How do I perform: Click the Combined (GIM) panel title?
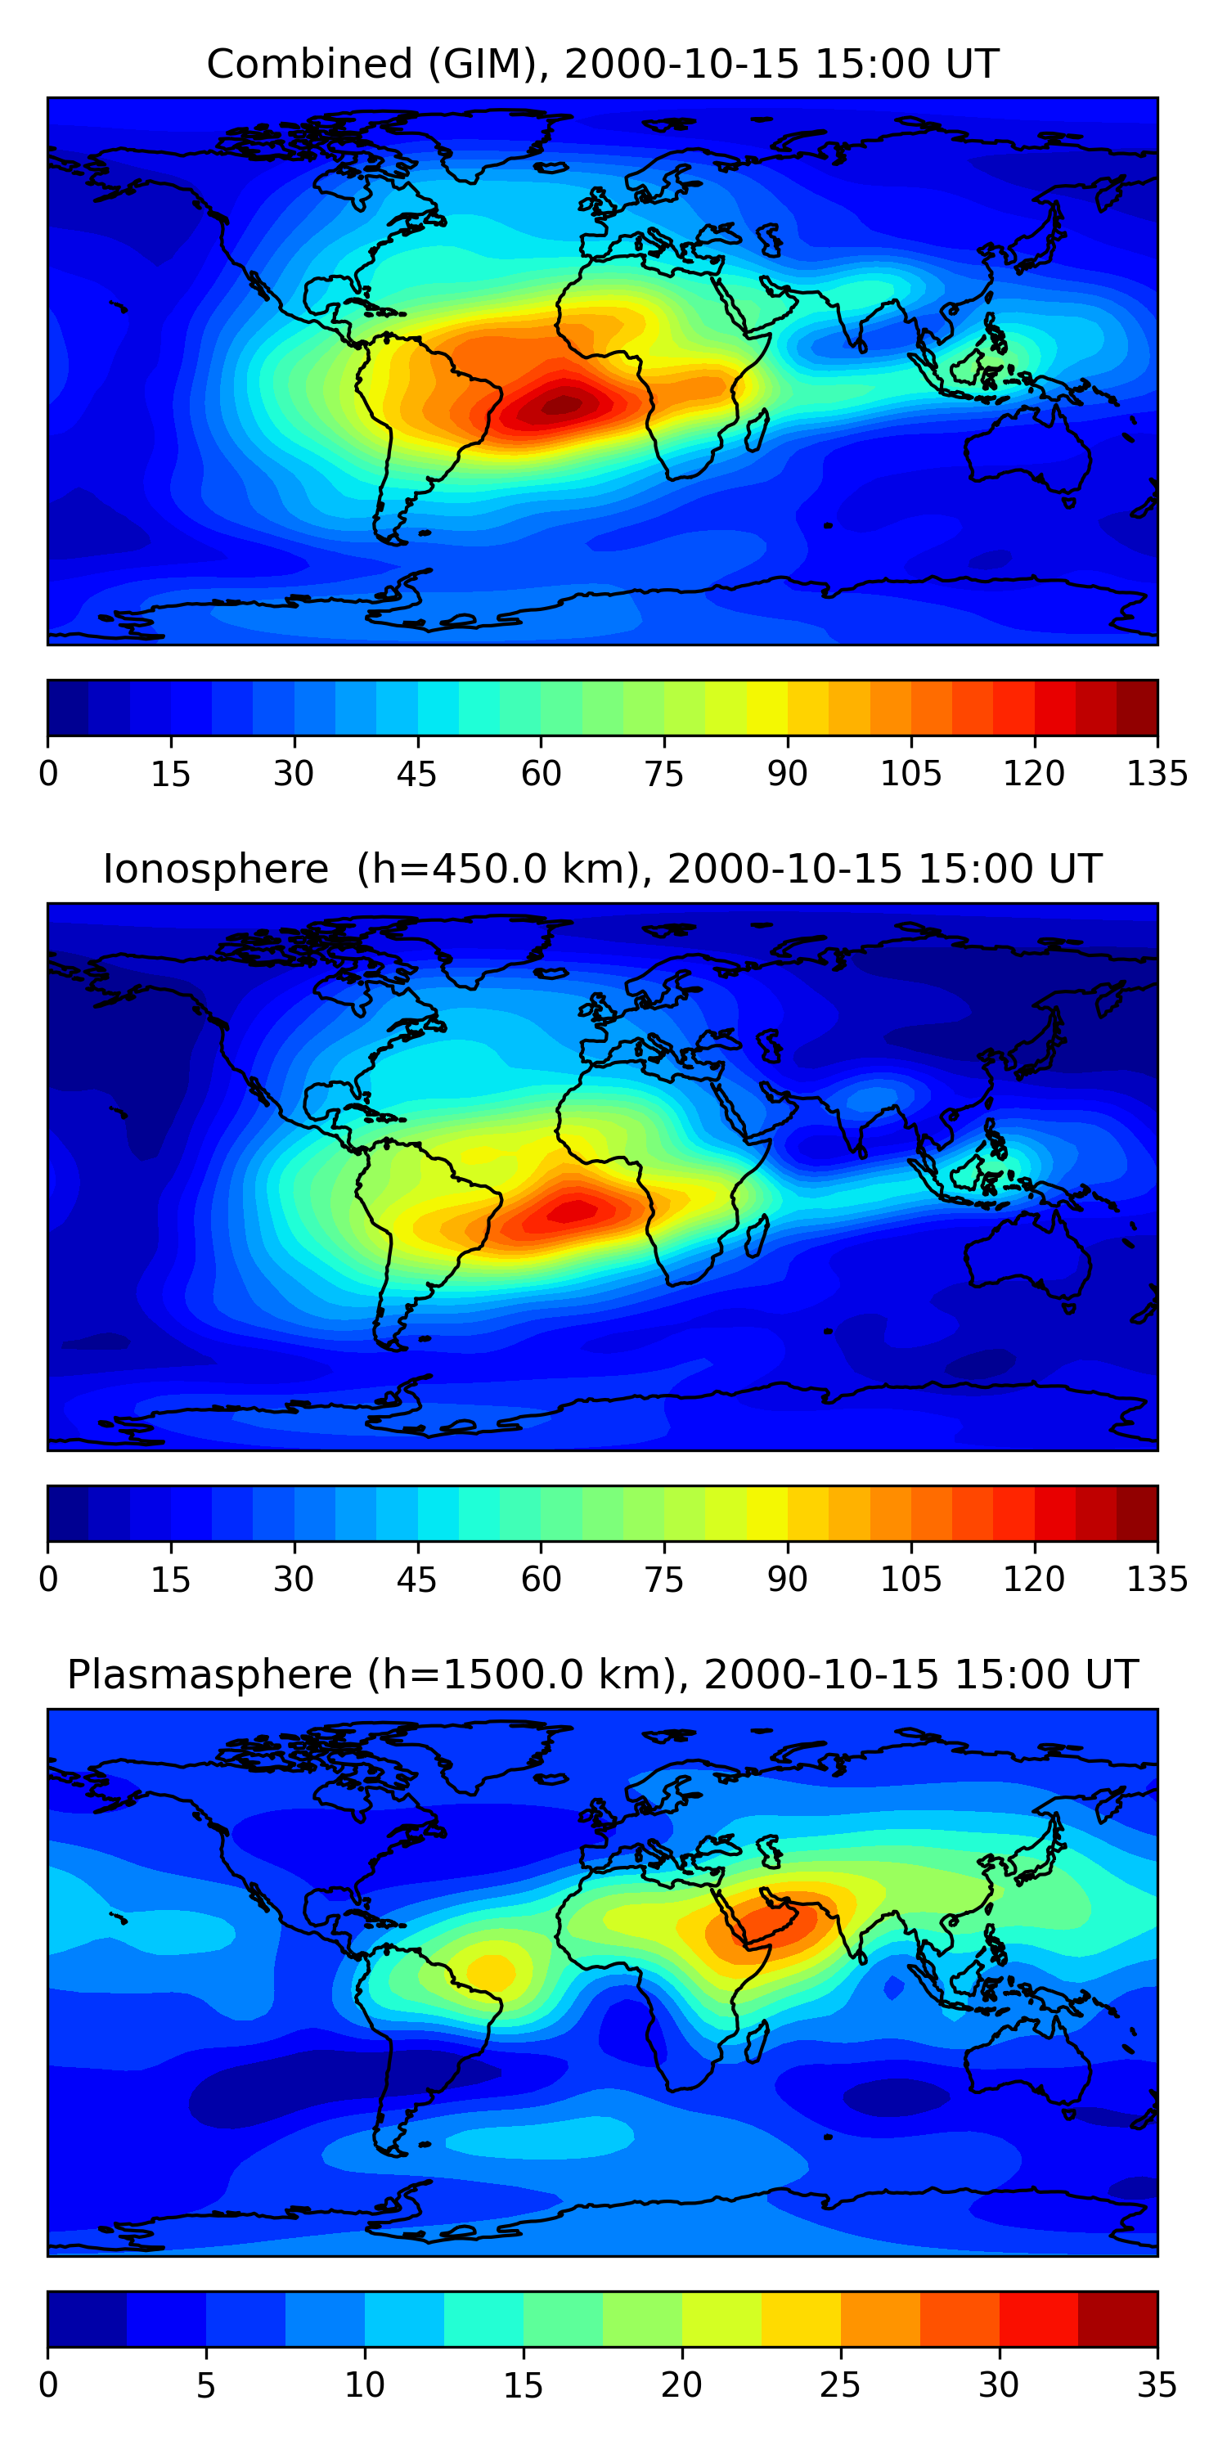pyautogui.click(x=602, y=65)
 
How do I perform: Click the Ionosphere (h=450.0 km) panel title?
pyautogui.click(x=602, y=870)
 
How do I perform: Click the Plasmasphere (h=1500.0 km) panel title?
pyautogui.click(x=602, y=1674)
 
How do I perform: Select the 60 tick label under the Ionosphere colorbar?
pyautogui.click(x=540, y=1580)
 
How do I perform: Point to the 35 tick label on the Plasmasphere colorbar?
pyautogui.click(x=1157, y=2384)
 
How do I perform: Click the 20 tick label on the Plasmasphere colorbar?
pyautogui.click(x=681, y=2384)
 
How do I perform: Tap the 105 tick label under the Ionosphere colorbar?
pyautogui.click(x=910, y=1580)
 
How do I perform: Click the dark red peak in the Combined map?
pyautogui.click(x=561, y=406)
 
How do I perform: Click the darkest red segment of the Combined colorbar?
pyautogui.click(x=1136, y=708)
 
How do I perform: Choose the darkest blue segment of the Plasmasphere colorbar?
pyautogui.click(x=87, y=2317)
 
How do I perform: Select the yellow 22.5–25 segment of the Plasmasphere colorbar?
pyautogui.click(x=800, y=2317)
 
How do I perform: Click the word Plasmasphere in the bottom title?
pyautogui.click(x=209, y=1674)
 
